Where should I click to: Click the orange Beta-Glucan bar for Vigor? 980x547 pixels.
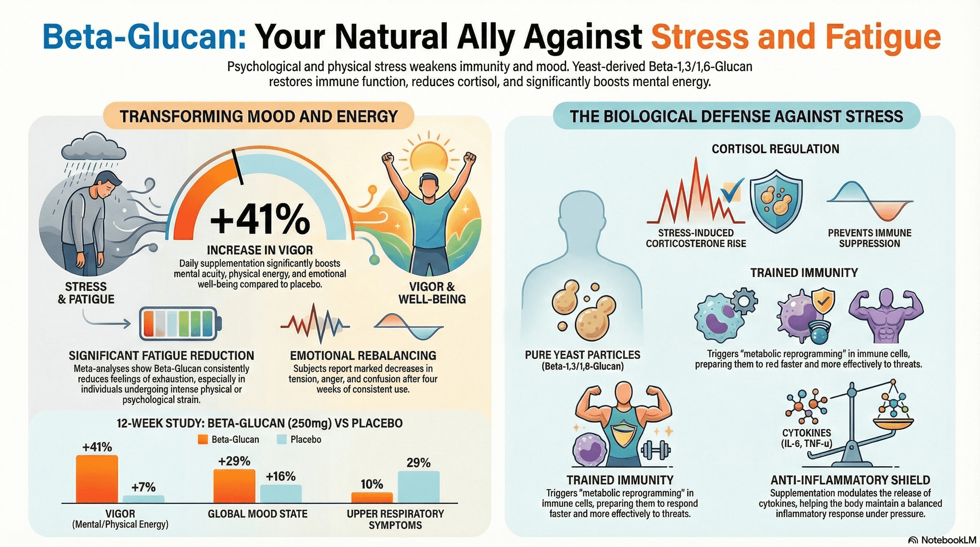click(x=97, y=479)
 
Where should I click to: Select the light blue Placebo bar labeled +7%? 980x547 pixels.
click(x=144, y=499)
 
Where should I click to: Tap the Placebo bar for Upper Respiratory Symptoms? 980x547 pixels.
click(x=418, y=487)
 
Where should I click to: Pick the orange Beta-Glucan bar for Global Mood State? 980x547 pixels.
click(x=234, y=486)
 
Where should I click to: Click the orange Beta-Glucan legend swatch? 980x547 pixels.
click(x=203, y=439)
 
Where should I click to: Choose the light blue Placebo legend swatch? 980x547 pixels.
click(x=281, y=439)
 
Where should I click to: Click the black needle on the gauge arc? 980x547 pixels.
click(x=237, y=167)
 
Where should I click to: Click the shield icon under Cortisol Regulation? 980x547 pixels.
click(x=776, y=203)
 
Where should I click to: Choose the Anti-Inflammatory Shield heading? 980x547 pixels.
click(x=850, y=480)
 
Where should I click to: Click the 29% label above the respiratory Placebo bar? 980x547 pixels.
click(x=418, y=463)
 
